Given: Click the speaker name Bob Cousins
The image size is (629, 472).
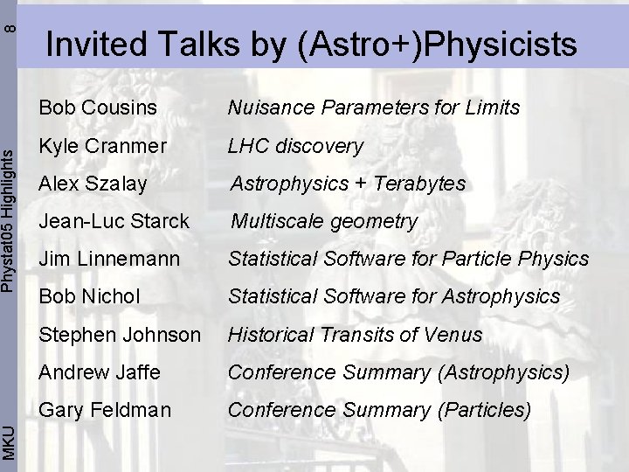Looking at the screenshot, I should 98,108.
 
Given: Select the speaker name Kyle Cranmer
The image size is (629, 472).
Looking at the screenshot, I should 102,146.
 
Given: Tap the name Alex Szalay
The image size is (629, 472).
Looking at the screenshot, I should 93,184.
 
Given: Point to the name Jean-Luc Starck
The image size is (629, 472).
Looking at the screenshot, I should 114,221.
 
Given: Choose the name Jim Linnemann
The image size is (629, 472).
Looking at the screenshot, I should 109,259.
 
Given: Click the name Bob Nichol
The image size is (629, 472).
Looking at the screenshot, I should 89,297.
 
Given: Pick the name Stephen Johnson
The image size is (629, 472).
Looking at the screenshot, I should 120,335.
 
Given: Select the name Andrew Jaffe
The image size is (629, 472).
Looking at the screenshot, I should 100,372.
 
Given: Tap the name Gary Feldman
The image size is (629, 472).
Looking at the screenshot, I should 105,410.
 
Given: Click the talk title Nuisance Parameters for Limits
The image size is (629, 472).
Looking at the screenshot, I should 374,108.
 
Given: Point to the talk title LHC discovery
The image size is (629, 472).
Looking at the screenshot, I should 295,146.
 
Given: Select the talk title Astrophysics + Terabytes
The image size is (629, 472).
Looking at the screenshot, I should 348,184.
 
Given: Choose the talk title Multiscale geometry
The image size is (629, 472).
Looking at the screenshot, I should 324,222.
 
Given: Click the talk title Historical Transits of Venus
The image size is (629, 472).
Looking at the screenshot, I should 355,335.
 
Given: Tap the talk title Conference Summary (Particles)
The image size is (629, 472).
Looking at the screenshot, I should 379,410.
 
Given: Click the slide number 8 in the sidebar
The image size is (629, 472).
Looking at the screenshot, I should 9,27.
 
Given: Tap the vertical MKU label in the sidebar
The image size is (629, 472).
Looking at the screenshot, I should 9,440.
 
